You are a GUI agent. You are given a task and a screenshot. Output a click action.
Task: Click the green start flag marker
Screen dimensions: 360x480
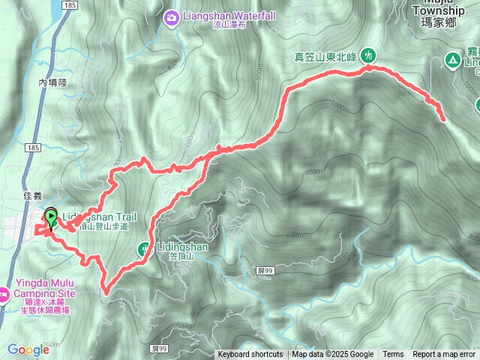(x=51, y=218)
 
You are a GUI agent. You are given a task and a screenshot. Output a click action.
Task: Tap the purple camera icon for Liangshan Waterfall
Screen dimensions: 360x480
(x=172, y=16)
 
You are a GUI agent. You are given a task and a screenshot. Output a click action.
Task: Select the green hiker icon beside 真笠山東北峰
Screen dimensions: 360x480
(x=368, y=55)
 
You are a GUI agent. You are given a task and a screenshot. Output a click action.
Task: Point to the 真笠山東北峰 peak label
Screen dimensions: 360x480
(x=327, y=55)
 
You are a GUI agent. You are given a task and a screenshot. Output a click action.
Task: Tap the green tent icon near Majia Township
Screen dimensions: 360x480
(x=453, y=59)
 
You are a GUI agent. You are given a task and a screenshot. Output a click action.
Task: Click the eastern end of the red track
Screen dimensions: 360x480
(x=443, y=118)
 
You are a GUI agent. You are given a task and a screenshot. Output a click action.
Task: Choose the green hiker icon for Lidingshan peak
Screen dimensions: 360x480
(x=142, y=248)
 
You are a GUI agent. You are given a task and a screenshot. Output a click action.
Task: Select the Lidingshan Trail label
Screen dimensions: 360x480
(x=99, y=217)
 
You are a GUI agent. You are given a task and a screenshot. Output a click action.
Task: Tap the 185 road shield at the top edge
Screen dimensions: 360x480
(x=70, y=4)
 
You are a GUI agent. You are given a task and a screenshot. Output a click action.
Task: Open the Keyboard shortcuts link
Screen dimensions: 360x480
(x=250, y=355)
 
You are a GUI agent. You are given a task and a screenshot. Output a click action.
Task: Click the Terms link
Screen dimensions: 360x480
(x=393, y=355)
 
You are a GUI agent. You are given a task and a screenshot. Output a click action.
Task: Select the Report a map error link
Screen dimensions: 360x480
(x=443, y=355)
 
